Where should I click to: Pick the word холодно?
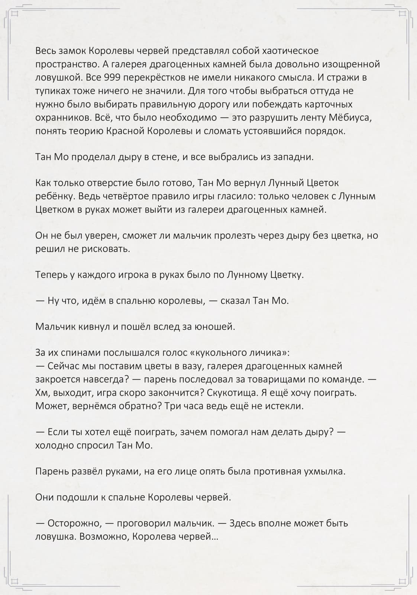pyautogui.click(x=54, y=445)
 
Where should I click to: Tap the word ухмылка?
pyautogui.click(x=324, y=472)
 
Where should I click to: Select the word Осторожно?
pyautogui.click(x=74, y=523)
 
